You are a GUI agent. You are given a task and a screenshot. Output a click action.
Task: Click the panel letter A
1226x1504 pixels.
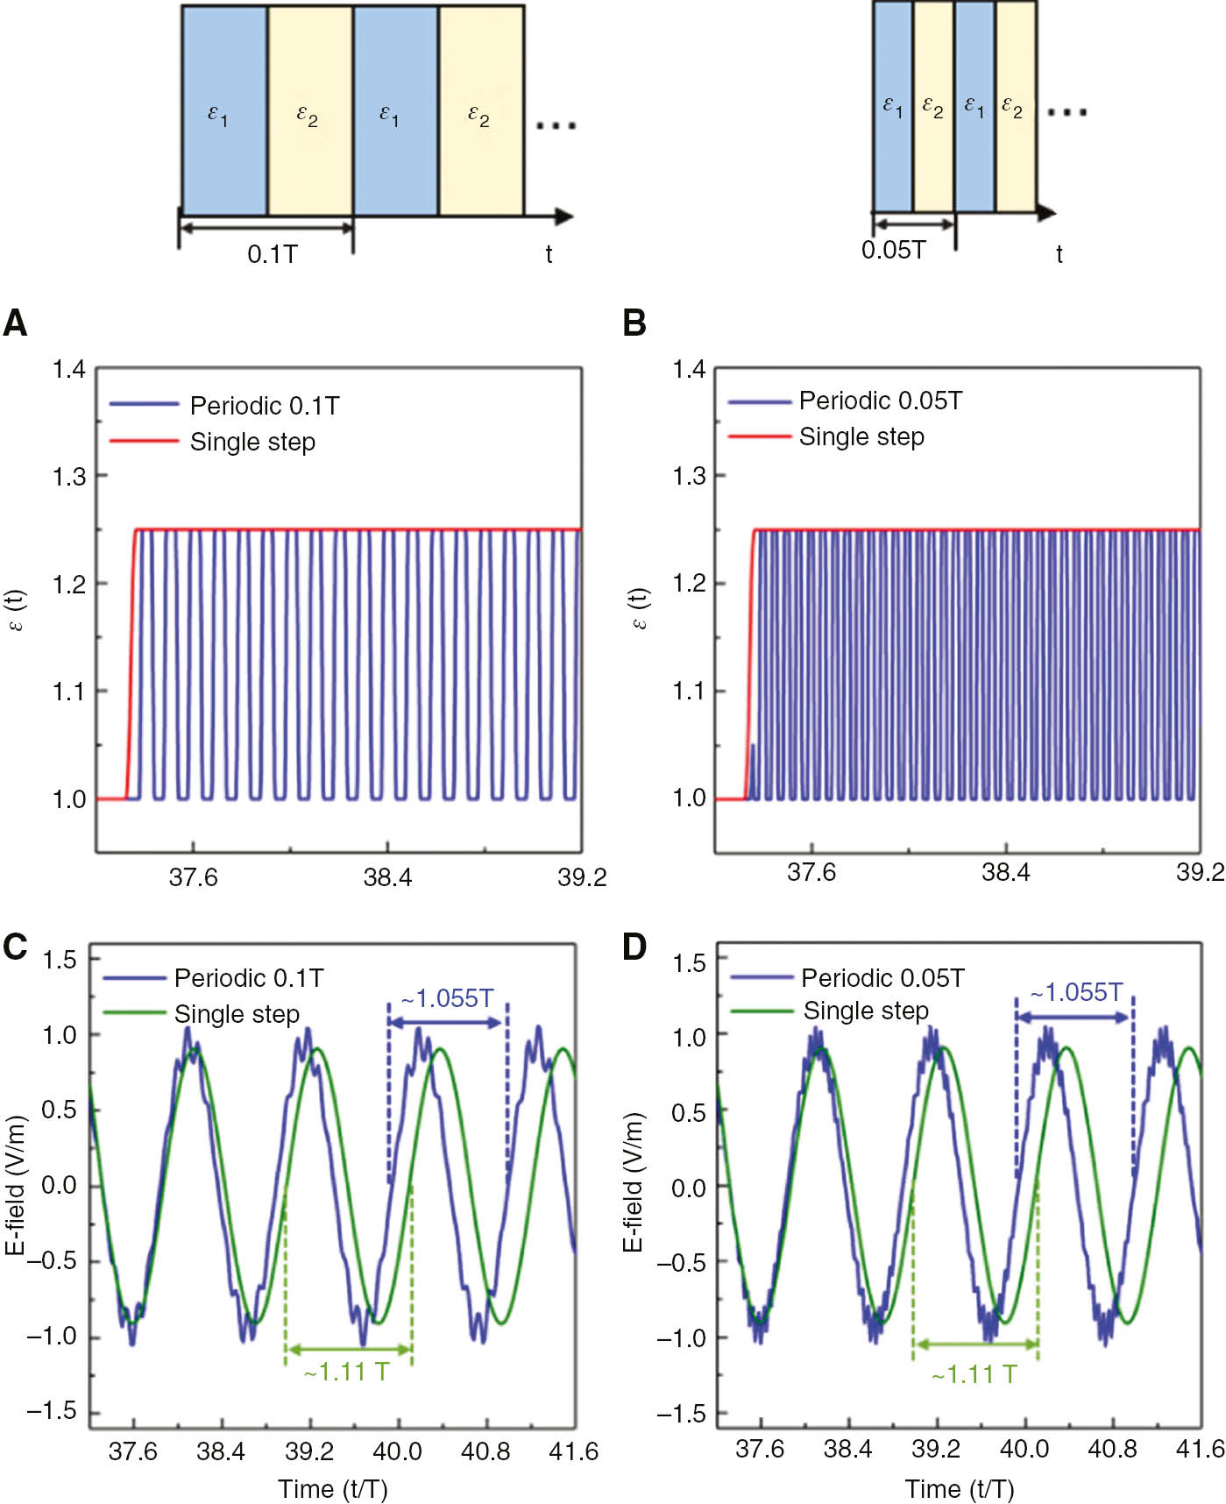click(16, 323)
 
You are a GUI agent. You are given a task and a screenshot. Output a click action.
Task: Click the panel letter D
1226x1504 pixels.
click(634, 947)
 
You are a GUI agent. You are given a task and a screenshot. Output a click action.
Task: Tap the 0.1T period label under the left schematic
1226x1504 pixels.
click(273, 254)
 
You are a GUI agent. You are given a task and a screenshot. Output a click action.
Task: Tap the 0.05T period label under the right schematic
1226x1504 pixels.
click(893, 251)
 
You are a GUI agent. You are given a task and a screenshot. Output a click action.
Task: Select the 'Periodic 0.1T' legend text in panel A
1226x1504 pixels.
click(265, 406)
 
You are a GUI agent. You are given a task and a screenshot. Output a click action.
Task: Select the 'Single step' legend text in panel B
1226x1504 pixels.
click(861, 436)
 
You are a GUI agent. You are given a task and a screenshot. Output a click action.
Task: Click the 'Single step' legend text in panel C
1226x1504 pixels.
click(237, 1014)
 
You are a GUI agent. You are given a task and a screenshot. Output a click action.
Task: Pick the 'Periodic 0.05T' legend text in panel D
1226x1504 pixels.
click(882, 978)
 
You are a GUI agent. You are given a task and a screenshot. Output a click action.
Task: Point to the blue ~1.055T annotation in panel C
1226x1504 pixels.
click(448, 998)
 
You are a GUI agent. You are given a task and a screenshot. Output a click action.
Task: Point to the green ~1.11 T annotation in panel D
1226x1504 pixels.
click(974, 1374)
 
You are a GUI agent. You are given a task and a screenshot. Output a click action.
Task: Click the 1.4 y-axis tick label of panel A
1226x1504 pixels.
click(68, 370)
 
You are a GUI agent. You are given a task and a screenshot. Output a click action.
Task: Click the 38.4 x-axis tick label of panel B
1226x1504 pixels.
click(1005, 872)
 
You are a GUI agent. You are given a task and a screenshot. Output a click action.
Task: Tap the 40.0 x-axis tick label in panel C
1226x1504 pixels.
click(398, 1451)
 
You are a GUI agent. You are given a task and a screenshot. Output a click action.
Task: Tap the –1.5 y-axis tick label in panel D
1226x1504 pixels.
click(682, 1414)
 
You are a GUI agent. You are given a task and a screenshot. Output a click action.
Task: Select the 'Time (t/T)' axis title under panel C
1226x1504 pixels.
click(333, 1489)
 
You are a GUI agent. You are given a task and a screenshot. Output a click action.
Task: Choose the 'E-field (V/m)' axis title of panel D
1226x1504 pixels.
click(634, 1183)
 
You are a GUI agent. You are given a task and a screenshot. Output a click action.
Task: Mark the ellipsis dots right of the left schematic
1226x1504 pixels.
click(556, 126)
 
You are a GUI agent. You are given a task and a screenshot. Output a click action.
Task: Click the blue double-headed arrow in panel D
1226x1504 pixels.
click(1074, 1018)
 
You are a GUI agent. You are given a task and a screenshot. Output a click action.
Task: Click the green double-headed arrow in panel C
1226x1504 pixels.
click(349, 1349)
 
